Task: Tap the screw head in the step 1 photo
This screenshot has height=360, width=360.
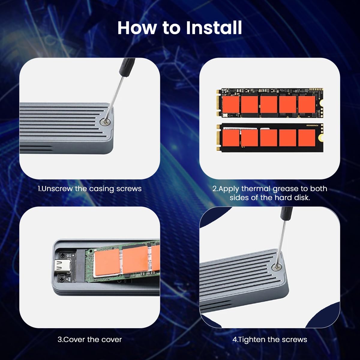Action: coord(106,122)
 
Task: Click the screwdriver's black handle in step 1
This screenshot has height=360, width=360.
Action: coord(126,67)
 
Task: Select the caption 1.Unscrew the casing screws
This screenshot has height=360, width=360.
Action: coord(89,189)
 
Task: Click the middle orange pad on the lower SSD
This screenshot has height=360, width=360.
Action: coord(268,137)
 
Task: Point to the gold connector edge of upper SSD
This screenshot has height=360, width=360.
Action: coord(218,103)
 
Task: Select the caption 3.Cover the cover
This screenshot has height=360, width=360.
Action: coord(89,340)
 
